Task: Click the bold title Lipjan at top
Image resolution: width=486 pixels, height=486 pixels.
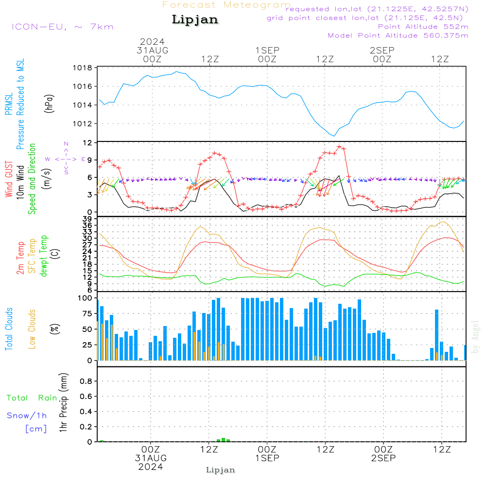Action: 195,20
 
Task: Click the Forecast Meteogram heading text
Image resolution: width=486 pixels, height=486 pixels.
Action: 226,5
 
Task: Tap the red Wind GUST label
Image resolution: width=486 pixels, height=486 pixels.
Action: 9,180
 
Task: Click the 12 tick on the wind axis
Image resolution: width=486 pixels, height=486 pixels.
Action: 88,143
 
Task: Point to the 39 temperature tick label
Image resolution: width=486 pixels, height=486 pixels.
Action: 88,219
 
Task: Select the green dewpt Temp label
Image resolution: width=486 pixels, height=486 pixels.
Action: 44,256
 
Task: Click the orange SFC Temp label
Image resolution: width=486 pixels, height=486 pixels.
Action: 33,256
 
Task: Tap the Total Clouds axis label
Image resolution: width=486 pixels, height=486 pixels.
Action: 8,329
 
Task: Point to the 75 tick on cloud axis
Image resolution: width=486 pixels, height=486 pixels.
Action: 86,313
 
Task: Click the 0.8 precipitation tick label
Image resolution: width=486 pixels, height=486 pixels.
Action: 86,382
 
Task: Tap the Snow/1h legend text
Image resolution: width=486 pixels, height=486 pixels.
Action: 27,416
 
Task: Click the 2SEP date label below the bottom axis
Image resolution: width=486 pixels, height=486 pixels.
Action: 383,458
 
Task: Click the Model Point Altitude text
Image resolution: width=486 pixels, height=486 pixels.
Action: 398,35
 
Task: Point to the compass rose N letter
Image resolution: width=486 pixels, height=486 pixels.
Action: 66,144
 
